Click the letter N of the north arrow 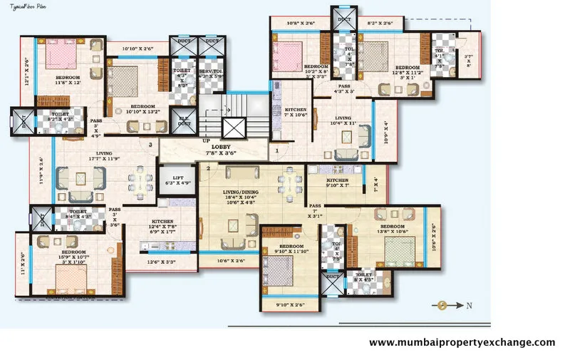468,306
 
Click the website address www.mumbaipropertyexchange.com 462,343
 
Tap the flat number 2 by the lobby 208,169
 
